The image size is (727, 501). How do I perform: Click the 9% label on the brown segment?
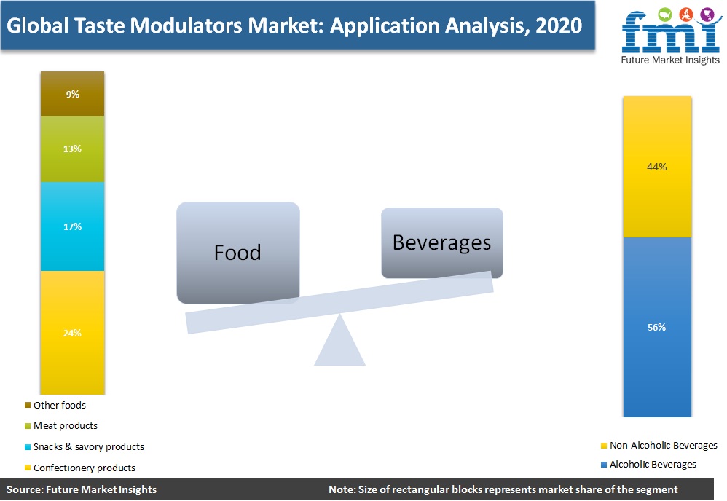(72, 94)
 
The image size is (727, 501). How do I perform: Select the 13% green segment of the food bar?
(72, 149)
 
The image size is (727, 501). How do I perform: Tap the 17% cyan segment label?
(72, 226)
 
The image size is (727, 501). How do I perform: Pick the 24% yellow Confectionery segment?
(72, 333)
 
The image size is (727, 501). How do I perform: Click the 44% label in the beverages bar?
(657, 167)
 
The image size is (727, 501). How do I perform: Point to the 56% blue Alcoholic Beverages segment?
(657, 327)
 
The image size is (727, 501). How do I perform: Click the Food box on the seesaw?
(238, 253)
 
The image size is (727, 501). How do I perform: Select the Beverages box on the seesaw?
(442, 242)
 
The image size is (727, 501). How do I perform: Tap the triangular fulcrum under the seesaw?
(340, 340)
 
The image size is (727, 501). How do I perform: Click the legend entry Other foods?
(55, 405)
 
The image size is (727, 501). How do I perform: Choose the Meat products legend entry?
(61, 425)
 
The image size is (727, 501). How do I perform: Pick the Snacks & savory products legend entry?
(85, 447)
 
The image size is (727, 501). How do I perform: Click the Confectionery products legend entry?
(79, 468)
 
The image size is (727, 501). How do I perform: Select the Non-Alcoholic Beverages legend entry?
(659, 446)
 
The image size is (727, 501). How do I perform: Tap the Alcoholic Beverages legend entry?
(648, 464)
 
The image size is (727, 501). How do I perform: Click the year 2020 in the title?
(559, 25)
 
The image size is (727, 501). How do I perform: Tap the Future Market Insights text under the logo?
(670, 60)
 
